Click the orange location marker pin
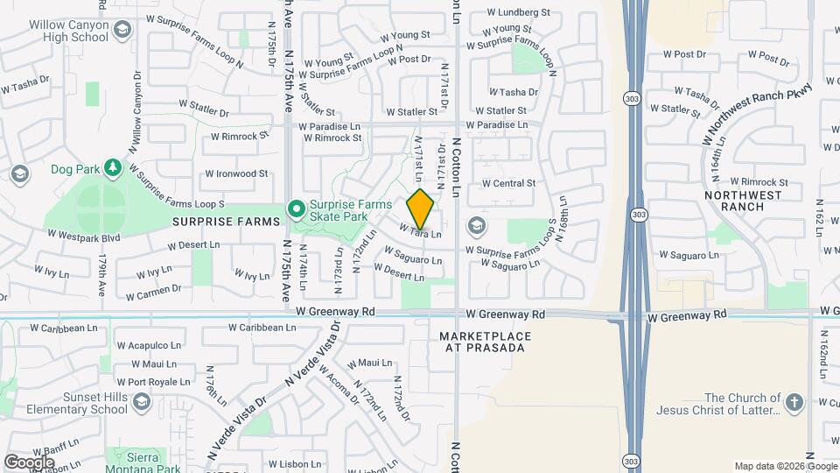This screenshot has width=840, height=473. pyautogui.click(x=421, y=208)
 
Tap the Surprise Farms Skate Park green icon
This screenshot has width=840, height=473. pyautogui.click(x=297, y=208)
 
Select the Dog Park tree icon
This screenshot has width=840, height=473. pyautogui.click(x=111, y=167)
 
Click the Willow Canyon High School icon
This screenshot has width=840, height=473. pyautogui.click(x=122, y=32)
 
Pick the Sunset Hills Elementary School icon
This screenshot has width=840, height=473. pyautogui.click(x=142, y=402)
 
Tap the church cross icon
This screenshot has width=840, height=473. pyautogui.click(x=794, y=403)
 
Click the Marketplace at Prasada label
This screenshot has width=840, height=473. pyautogui.click(x=481, y=342)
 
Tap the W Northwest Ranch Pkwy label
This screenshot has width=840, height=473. pyautogui.click(x=758, y=114)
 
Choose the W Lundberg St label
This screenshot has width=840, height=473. pyautogui.click(x=519, y=13)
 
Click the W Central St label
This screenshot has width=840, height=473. pyautogui.click(x=507, y=183)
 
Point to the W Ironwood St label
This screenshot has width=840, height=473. pyautogui.click(x=236, y=173)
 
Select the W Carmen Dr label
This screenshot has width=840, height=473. pyautogui.click(x=153, y=289)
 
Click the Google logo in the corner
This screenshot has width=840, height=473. pyautogui.click(x=30, y=461)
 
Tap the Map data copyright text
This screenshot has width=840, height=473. pyautogui.click(x=785, y=466)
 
